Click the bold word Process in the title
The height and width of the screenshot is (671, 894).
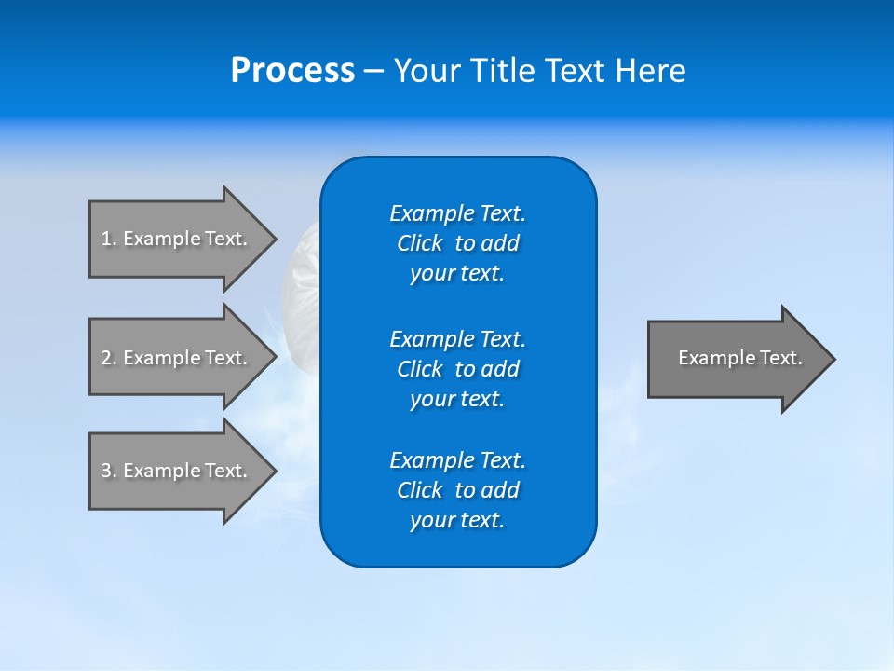click(292, 71)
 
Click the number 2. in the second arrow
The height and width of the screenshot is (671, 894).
click(108, 358)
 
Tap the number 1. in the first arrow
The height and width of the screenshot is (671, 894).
click(108, 239)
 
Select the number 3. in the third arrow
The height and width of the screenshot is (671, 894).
click(108, 471)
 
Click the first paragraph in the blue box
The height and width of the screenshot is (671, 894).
click(457, 243)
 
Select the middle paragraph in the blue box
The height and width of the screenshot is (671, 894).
click(457, 369)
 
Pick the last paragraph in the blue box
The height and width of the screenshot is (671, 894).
click(457, 490)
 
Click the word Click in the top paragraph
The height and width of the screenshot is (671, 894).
click(420, 243)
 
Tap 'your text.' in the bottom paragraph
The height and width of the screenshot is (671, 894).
click(457, 520)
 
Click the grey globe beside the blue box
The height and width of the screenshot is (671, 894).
click(300, 298)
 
